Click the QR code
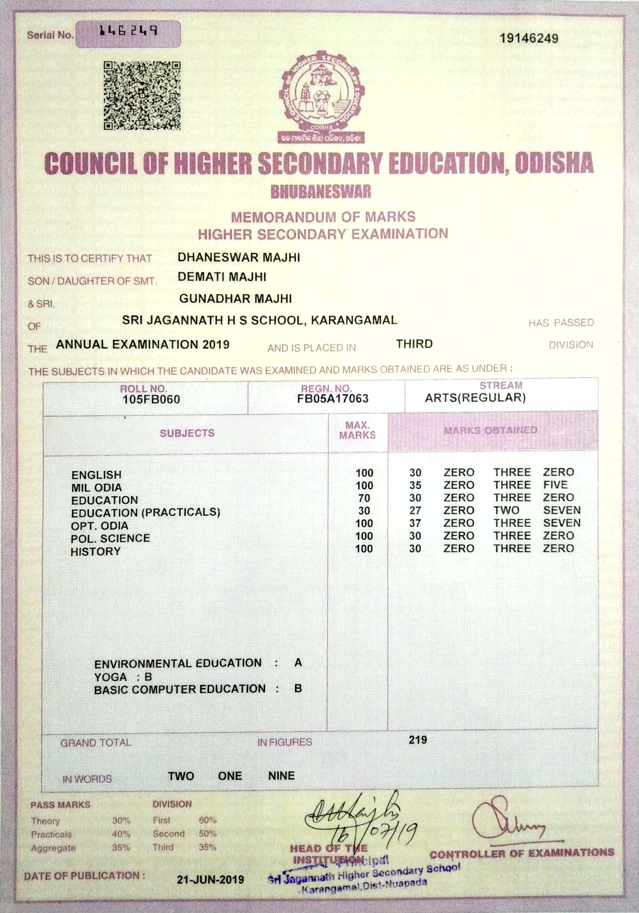[142, 95]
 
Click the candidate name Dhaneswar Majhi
[238, 257]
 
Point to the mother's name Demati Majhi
[222, 277]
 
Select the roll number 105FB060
[151, 399]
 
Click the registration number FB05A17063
[333, 398]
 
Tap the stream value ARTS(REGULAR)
[475, 398]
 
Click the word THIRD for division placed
[414, 344]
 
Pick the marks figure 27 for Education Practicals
[415, 510]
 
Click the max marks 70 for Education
[364, 498]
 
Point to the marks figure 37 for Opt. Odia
[415, 523]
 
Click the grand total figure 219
[418, 740]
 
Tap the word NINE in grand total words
[281, 775]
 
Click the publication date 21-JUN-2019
[210, 879]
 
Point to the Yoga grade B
[148, 677]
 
